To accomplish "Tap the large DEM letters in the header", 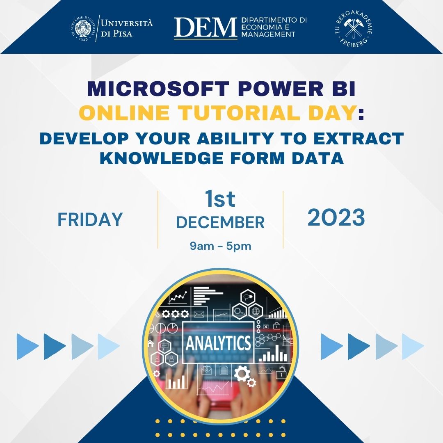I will pyautogui.click(x=206, y=27).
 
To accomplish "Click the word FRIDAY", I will pyautogui.click(x=90, y=219).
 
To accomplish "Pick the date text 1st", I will pyautogui.click(x=220, y=200).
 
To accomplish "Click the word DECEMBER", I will pyautogui.click(x=220, y=222).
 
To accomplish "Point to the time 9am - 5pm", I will pyautogui.click(x=220, y=246).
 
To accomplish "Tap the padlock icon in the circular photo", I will pyautogui.click(x=281, y=374).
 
